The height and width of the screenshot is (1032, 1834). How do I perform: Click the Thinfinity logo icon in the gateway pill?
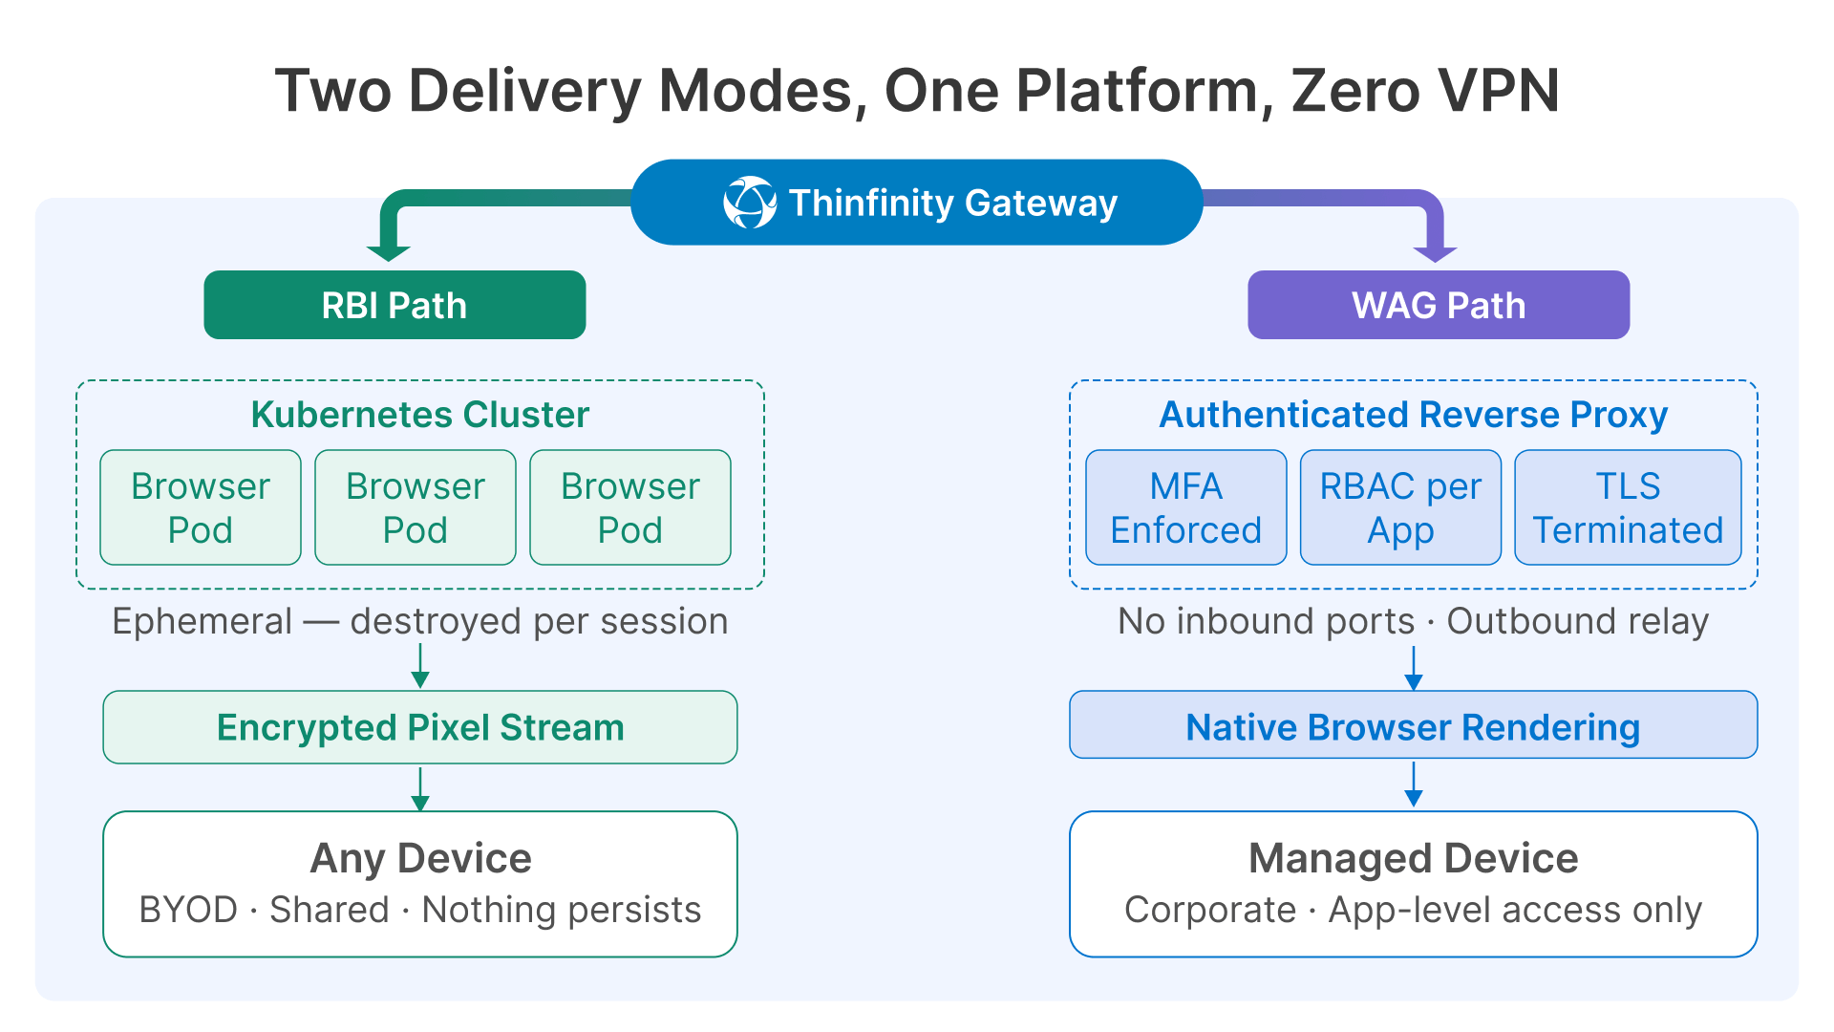pyautogui.click(x=750, y=203)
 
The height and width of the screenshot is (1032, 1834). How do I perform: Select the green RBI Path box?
pyautogui.click(x=395, y=305)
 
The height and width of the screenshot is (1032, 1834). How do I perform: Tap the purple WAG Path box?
pyautogui.click(x=1439, y=305)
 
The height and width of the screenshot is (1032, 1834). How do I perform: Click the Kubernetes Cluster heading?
pyautogui.click(x=419, y=415)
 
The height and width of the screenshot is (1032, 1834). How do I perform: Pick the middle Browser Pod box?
pyautogui.click(x=416, y=507)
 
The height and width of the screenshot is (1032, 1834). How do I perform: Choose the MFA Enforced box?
pyautogui.click(x=1185, y=507)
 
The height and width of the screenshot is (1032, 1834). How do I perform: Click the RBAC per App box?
pyautogui.click(x=1400, y=507)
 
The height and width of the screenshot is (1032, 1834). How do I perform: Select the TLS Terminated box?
pyautogui.click(x=1628, y=507)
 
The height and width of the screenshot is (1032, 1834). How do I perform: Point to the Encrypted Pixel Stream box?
pyautogui.click(x=419, y=727)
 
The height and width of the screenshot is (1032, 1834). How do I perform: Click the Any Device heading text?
pyautogui.click(x=420, y=858)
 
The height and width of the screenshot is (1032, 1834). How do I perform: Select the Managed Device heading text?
pyautogui.click(x=1413, y=858)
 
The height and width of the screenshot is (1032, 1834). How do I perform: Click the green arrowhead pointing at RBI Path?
pyautogui.click(x=388, y=251)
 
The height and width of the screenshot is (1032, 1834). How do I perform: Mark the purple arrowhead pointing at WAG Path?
pyautogui.click(x=1435, y=252)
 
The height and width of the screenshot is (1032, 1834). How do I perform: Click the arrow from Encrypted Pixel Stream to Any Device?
pyautogui.click(x=419, y=788)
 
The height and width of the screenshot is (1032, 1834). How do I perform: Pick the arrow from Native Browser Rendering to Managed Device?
pyautogui.click(x=1414, y=785)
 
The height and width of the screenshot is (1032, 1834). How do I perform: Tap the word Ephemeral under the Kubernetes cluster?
pyautogui.click(x=202, y=621)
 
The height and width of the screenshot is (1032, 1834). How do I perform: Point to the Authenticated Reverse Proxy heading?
pyautogui.click(x=1413, y=415)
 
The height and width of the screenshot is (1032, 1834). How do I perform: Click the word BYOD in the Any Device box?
pyautogui.click(x=188, y=910)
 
